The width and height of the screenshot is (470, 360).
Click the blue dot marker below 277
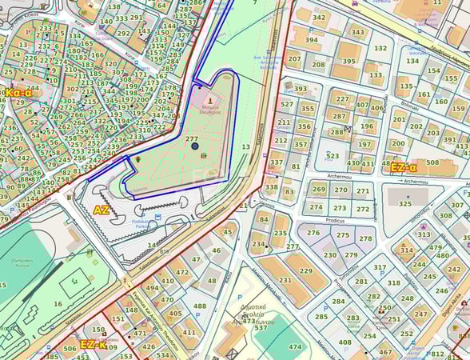(x=194, y=146)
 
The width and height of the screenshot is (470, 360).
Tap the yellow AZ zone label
(x=101, y=210)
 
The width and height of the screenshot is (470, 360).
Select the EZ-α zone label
(x=404, y=168)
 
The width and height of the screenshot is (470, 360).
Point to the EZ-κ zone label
(x=94, y=345)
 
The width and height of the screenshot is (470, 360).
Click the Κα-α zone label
(x=18, y=93)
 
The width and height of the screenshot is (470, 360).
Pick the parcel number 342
(x=320, y=18)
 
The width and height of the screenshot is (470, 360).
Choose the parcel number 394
(x=312, y=39)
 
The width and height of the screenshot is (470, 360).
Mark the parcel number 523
(x=333, y=156)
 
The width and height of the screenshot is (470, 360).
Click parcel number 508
(x=432, y=163)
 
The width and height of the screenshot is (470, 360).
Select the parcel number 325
(x=405, y=204)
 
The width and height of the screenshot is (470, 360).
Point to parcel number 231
(x=285, y=280)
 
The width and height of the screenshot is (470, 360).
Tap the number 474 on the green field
(x=295, y=346)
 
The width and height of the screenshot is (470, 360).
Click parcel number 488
(x=200, y=306)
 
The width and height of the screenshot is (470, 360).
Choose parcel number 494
(x=152, y=288)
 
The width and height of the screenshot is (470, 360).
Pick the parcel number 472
(x=183, y=273)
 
